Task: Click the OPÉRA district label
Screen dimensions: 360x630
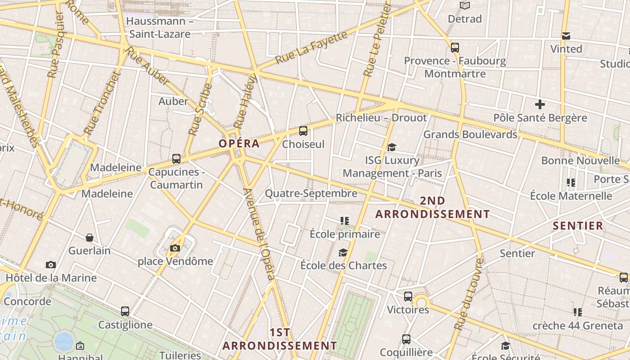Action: click(239, 144)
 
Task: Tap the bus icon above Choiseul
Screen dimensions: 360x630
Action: click(303, 131)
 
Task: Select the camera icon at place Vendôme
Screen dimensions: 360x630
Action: click(175, 248)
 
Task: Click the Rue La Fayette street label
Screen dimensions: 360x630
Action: click(311, 47)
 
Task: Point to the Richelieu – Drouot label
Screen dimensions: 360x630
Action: click(381, 118)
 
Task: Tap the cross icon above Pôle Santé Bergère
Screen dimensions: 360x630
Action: click(540, 105)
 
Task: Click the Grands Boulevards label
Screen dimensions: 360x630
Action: click(470, 134)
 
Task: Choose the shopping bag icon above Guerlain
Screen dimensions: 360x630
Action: click(90, 238)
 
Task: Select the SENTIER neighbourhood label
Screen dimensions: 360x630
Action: click(578, 226)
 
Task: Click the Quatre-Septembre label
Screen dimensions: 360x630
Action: click(311, 193)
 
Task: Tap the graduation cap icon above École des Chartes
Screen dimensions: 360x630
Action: click(343, 252)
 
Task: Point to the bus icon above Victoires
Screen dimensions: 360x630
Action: click(408, 297)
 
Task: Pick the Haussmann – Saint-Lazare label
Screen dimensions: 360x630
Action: click(160, 27)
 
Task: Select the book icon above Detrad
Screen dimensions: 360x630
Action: click(465, 6)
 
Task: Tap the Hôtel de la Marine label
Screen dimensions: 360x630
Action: click(51, 278)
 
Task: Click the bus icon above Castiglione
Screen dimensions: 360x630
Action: click(125, 311)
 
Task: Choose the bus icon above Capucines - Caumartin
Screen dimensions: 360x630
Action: click(176, 159)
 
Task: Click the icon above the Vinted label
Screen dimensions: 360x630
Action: click(566, 36)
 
